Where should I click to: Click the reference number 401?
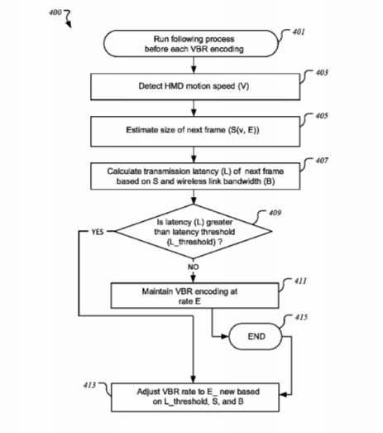pos(299,32)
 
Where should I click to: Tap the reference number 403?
pos(322,73)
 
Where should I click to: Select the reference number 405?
pos(322,116)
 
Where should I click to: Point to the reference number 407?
pos(322,161)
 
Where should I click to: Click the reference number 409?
pos(275,213)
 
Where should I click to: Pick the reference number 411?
pos(300,281)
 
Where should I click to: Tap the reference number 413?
pos(89,385)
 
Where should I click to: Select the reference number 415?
pos(301,317)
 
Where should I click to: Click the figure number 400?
pos(55,12)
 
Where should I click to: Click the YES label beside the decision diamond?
pos(98,232)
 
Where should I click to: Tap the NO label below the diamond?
pos(194,267)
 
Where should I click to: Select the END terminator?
pos(256,336)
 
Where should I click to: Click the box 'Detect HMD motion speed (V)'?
pos(195,86)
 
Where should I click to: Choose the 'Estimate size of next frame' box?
pos(195,131)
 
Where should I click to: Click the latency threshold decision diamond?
pos(194,232)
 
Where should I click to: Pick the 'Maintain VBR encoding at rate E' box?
pos(195,296)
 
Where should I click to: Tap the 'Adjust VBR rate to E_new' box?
pos(195,397)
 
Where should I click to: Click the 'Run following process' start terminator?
pos(191,44)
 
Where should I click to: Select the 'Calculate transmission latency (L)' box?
pos(195,176)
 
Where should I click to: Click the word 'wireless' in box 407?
pos(188,181)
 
